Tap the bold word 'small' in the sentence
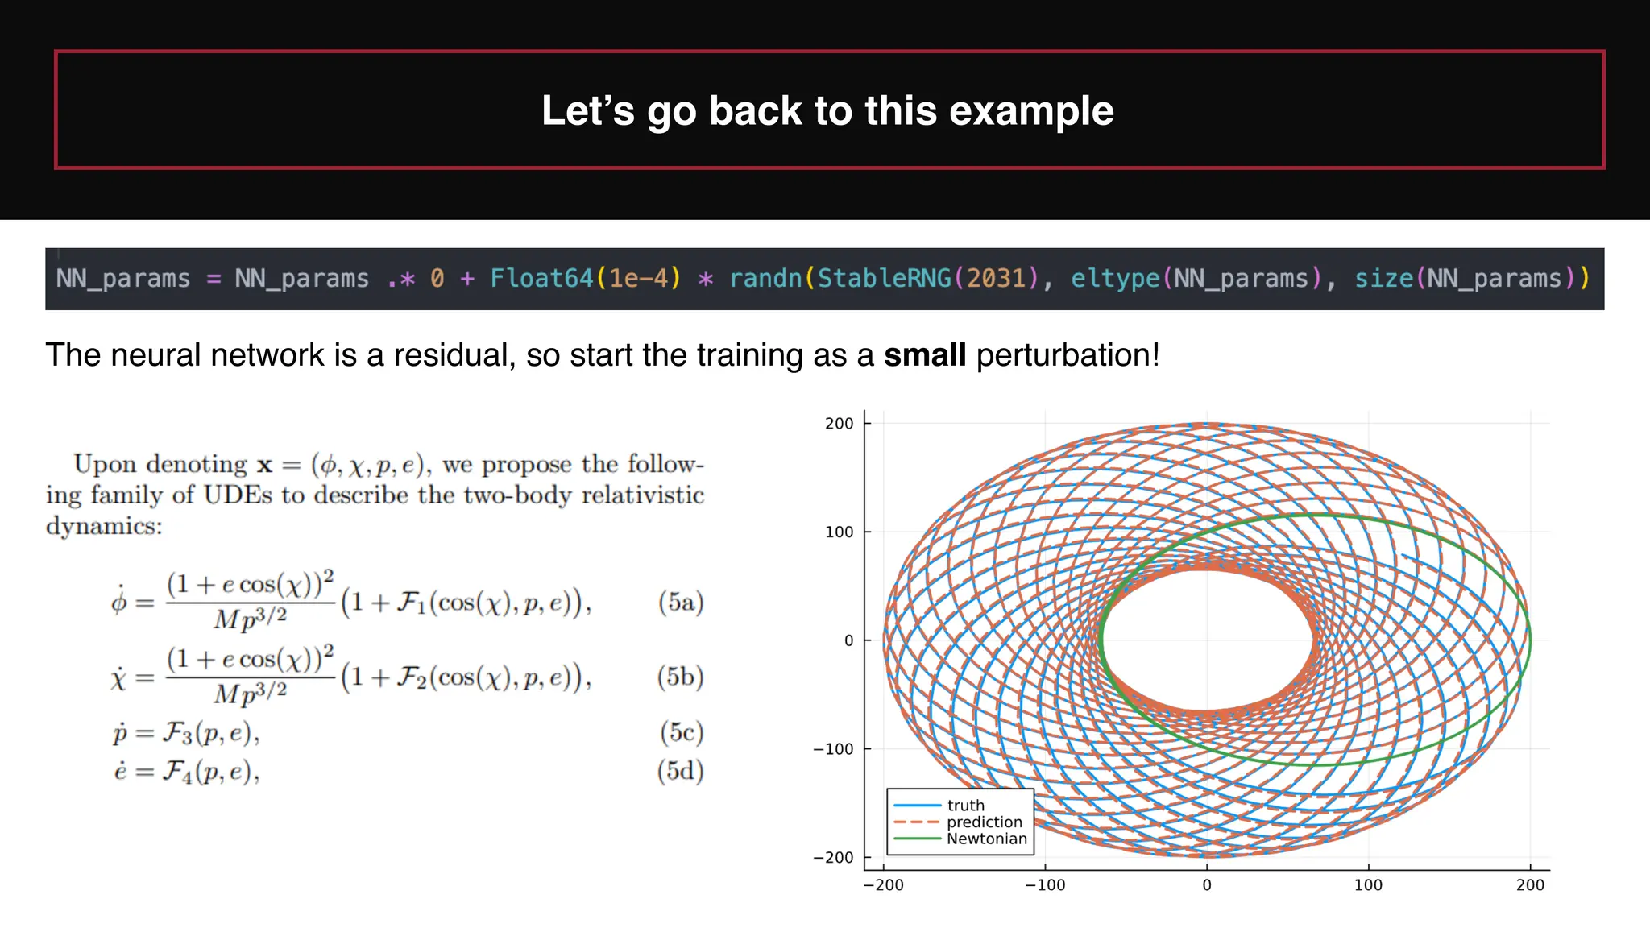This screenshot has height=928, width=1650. pos(924,355)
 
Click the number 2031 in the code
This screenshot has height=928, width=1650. pos(997,279)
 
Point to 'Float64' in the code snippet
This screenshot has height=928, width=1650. pos(541,279)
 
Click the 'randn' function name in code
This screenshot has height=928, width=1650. pos(765,279)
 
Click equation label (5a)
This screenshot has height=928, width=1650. pos(681,603)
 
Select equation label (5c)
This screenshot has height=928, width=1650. pos(681,732)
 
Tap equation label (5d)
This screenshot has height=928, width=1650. pos(681,772)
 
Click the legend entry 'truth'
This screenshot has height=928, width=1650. pos(965,806)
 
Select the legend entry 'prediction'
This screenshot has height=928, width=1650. pos(984,822)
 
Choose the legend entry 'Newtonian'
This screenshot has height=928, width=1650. pos(986,839)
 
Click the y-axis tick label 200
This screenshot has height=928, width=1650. pos(839,424)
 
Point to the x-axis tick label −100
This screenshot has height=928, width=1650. pos(1044,885)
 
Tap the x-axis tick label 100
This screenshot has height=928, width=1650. pos(1368,885)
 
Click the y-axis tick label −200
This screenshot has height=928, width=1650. pos(834,858)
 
